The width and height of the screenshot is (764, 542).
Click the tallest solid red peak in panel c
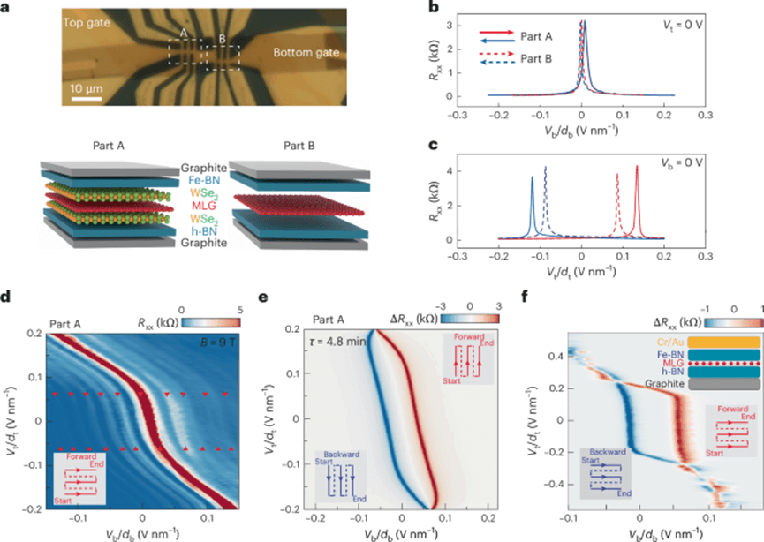point(637,168)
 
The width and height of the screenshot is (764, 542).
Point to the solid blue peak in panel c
point(532,178)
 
